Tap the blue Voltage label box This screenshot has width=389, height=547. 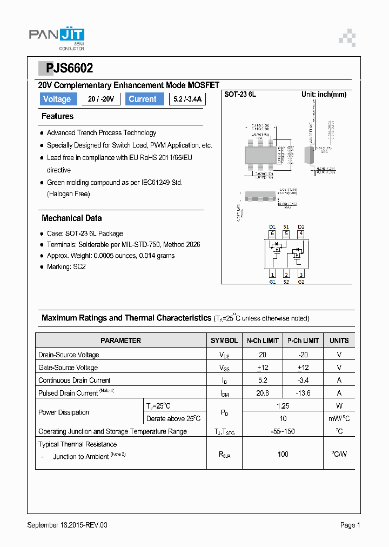(x=57, y=99)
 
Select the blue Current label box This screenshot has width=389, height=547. (x=143, y=99)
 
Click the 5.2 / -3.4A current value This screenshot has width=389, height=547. (x=187, y=99)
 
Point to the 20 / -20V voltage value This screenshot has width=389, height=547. (x=100, y=99)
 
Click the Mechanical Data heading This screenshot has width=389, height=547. (x=71, y=218)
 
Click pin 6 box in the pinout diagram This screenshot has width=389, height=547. (x=273, y=234)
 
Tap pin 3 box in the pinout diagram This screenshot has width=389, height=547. (x=301, y=275)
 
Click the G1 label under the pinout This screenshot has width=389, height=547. (x=273, y=282)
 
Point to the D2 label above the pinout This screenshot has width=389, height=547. (x=301, y=226)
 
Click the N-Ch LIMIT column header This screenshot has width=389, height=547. (x=263, y=341)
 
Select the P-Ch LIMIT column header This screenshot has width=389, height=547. (x=303, y=341)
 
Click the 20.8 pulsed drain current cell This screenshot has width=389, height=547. (x=263, y=393)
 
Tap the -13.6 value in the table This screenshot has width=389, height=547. (x=303, y=393)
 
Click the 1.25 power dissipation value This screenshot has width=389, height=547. (x=283, y=406)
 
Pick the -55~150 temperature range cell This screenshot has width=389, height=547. (x=283, y=431)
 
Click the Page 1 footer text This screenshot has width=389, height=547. (x=350, y=525)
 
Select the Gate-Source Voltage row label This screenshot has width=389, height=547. (x=69, y=368)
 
